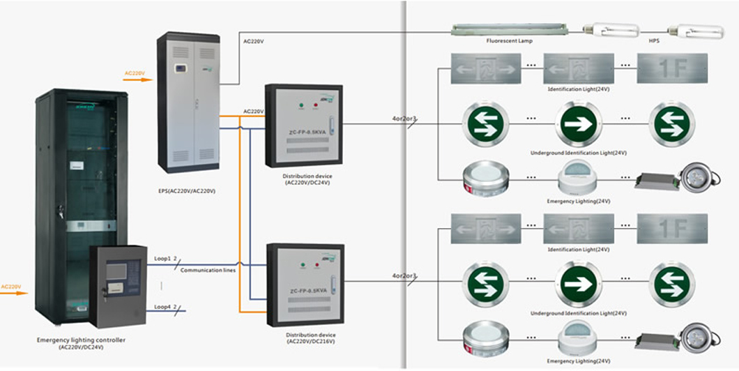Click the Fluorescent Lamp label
[x=510, y=41]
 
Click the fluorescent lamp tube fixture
[x=509, y=29]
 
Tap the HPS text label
[x=653, y=41]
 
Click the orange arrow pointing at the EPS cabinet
[x=137, y=78]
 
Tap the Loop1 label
[x=163, y=258]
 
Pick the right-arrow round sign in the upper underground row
[x=577, y=123]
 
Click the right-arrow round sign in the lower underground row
[x=577, y=282]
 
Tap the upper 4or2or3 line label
[x=404, y=119]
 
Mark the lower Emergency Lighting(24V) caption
[x=579, y=361]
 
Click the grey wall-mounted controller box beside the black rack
[x=118, y=286]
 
